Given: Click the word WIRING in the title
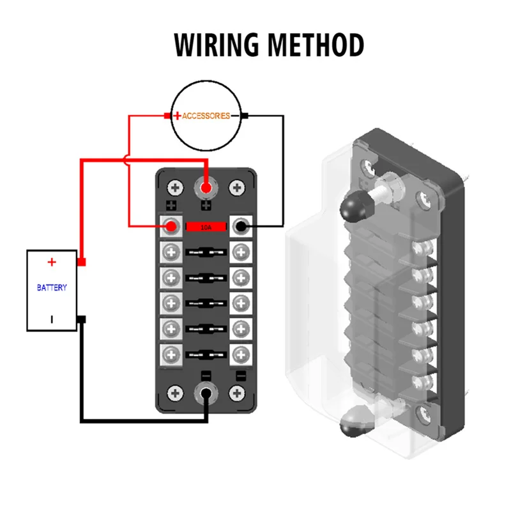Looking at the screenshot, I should click(217, 45).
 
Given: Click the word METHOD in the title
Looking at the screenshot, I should click(316, 45).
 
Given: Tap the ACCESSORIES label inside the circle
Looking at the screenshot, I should click(206, 116).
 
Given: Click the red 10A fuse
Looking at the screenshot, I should click(206, 226).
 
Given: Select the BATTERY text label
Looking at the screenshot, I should click(52, 288).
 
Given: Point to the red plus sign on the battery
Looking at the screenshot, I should click(52, 262).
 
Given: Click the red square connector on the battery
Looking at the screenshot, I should click(81, 262).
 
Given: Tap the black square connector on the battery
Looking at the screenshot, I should click(81, 319).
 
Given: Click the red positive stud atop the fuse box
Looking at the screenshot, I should click(206, 188).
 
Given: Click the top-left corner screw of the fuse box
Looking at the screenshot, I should click(174, 188).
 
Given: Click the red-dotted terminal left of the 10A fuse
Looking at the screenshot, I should click(171, 225).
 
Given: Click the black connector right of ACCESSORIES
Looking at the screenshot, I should click(244, 116).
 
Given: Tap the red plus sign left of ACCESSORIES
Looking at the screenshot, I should click(177, 116).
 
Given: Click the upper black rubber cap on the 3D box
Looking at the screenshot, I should click(351, 204).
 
